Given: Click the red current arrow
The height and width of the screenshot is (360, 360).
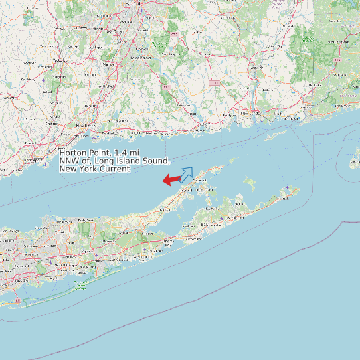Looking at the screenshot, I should tap(171, 179).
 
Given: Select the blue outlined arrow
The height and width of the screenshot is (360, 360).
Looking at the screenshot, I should tap(186, 174).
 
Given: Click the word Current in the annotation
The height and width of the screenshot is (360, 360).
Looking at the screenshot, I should tap(114, 169).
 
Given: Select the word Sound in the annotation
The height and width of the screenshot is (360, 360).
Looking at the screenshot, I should tap(157, 161).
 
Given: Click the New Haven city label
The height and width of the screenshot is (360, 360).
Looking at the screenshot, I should tap(83, 125).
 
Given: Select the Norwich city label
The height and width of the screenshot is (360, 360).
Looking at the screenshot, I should tap(255, 68).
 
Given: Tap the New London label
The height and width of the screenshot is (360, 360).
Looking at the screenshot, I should tap(248, 113).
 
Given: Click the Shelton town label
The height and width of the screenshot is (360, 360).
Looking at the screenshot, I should tap(51, 124).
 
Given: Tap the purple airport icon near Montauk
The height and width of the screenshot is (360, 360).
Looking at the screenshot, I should tap(287, 189).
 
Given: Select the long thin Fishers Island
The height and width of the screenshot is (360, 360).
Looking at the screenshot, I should tap(272, 137).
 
